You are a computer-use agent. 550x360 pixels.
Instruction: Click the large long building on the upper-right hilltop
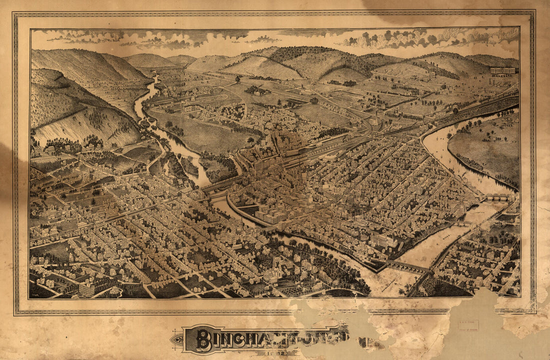click(x=502, y=70)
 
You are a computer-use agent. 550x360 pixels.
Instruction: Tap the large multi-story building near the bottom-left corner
click(x=86, y=288)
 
